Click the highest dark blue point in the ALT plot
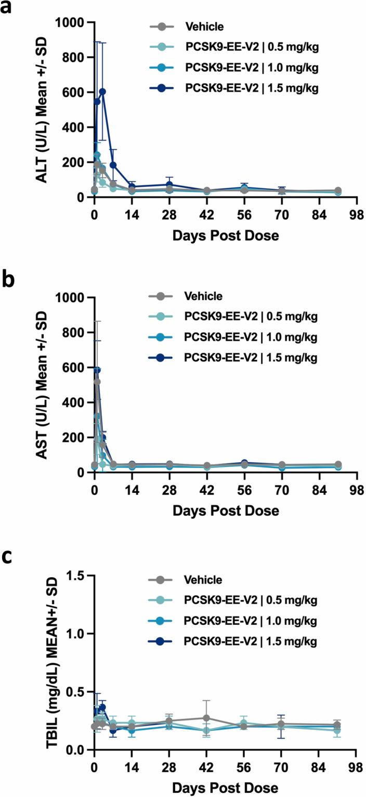click(x=102, y=92)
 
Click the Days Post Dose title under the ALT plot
click(x=225, y=235)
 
